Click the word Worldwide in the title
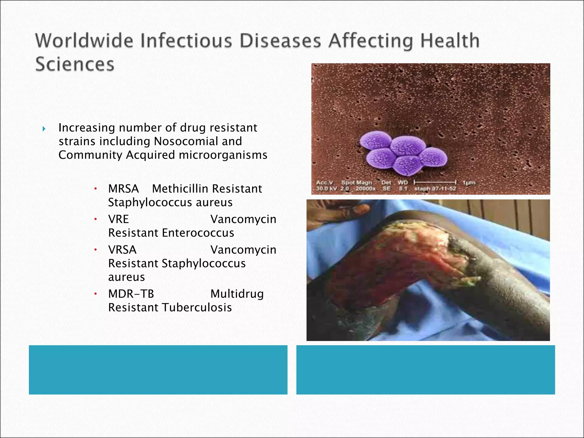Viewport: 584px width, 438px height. (84, 40)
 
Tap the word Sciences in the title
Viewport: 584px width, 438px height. (75, 64)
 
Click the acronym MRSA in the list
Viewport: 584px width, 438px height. (123, 189)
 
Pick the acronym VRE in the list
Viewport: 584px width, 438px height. (119, 219)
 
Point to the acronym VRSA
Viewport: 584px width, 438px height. (122, 250)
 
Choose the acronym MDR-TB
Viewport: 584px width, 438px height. (131, 294)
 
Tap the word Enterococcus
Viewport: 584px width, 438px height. (198, 233)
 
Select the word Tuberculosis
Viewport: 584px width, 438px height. (197, 308)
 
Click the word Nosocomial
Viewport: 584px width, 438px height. (198, 141)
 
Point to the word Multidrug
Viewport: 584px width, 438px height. (237, 294)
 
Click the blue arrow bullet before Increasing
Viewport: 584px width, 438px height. (44, 129)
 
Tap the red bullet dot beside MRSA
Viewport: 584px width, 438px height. (96, 188)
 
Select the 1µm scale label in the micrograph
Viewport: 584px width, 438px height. (469, 182)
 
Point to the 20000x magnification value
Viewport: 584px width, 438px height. (365, 189)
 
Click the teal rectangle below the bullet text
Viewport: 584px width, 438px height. (158, 370)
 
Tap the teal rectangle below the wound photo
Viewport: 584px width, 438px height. (425, 370)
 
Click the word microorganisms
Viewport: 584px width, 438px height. (223, 155)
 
